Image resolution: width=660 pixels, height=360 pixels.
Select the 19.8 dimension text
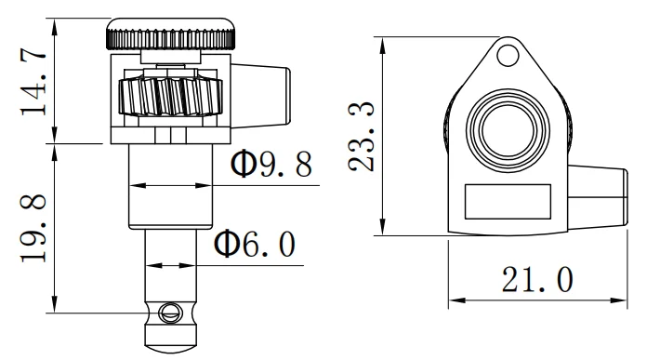33,228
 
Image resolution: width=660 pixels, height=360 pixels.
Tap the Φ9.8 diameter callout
271,164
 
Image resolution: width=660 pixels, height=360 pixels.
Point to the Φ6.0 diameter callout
255,244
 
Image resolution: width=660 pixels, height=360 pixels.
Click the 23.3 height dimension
362,136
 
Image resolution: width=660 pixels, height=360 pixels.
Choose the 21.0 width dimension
537,279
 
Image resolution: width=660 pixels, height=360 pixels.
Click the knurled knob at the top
170,33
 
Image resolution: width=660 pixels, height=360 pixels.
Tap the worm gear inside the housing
170,97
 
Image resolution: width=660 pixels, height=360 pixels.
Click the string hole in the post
170,313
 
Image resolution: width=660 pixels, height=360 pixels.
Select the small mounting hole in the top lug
508,55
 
